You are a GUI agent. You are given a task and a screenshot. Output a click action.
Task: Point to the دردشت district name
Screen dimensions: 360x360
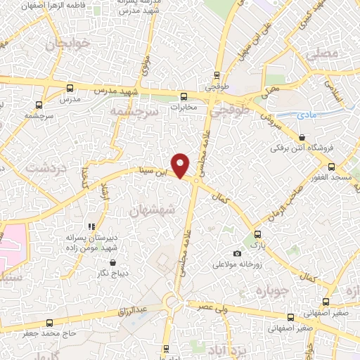(x=46, y=168)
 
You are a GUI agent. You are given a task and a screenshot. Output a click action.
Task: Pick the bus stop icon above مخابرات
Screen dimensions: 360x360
(x=184, y=96)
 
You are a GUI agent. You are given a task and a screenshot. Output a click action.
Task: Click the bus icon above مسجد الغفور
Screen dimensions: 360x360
(x=330, y=167)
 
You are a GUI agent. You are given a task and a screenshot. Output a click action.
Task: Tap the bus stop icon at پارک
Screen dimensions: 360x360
(x=257, y=235)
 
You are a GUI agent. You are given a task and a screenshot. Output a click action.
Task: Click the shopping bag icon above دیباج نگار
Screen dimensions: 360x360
(x=112, y=262)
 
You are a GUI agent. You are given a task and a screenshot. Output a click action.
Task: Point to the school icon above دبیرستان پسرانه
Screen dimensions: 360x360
(x=91, y=226)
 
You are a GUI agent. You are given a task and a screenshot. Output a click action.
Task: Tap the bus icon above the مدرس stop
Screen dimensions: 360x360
(x=69, y=89)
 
